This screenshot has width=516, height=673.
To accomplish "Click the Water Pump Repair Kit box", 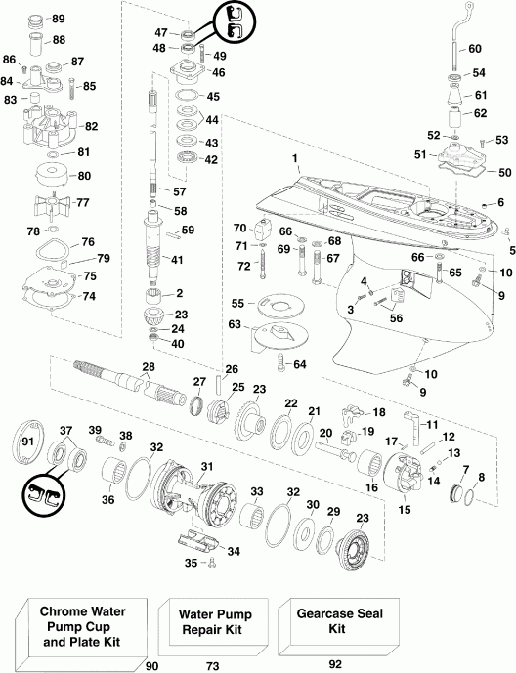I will coord(214,621).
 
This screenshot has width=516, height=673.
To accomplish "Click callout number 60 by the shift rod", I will coord(475,48).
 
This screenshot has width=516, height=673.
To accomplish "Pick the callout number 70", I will coord(239,229).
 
